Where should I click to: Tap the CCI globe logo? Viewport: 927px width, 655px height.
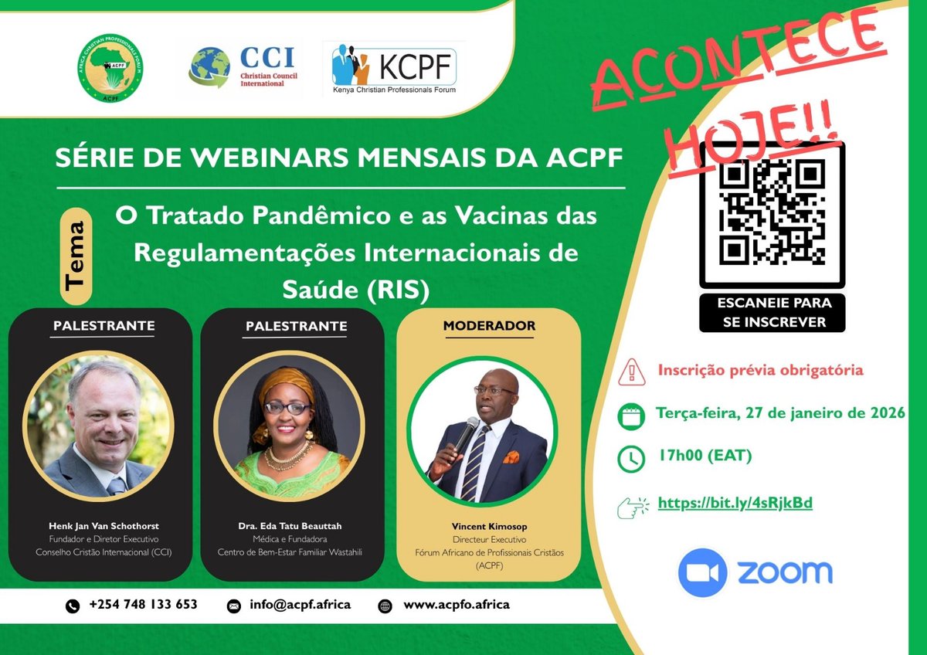coord(209,68)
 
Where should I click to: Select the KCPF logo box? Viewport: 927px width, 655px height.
coord(394,69)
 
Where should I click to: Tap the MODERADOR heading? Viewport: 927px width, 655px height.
coord(489,326)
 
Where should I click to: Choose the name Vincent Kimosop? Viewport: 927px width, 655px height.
coord(488,526)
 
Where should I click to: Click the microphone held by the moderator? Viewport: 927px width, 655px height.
coord(465,433)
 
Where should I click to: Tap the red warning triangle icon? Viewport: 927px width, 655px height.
coord(631,372)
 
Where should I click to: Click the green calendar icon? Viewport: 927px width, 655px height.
coord(631,415)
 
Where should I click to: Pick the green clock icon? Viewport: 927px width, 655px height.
coord(631,458)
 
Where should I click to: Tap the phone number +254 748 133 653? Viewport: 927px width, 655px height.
coord(143,605)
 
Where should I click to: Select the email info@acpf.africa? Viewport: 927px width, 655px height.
coord(300,605)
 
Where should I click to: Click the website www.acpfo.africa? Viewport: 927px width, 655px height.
coord(456,605)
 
